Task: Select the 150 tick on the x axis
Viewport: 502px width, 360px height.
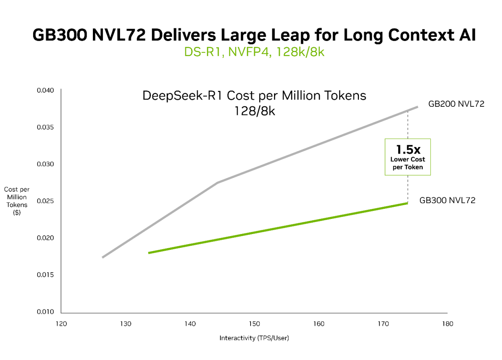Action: click(254, 324)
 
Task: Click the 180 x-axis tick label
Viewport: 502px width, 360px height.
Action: click(447, 324)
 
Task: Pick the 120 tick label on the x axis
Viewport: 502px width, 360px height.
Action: click(61, 324)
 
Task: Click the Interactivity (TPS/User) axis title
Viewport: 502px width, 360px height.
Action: click(254, 338)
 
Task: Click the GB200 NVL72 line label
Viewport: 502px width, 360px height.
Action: click(456, 104)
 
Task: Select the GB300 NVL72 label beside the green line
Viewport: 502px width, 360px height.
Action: click(447, 200)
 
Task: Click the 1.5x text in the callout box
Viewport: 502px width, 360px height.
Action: click(407, 149)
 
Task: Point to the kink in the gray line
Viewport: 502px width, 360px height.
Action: click(218, 183)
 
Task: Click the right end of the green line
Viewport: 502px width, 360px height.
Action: click(407, 203)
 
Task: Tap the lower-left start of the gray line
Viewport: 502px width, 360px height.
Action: click(103, 257)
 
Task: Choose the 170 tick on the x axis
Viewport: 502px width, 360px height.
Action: click(383, 324)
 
